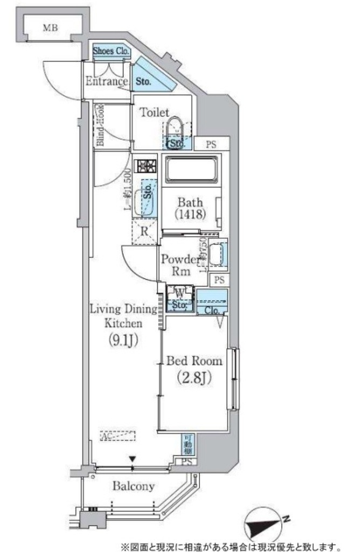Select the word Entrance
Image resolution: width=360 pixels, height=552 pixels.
(107, 82)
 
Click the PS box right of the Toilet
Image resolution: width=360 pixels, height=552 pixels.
(211, 144)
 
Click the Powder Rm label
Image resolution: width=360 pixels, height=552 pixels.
(180, 265)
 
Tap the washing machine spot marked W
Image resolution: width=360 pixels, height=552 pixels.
(179, 293)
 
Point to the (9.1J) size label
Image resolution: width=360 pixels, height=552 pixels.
(123, 340)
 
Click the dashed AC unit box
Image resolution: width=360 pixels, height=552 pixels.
(118, 435)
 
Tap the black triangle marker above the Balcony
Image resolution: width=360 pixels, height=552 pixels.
(132, 459)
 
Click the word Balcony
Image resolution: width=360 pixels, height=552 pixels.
(133, 487)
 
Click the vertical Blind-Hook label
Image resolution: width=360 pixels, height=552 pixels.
(100, 125)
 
